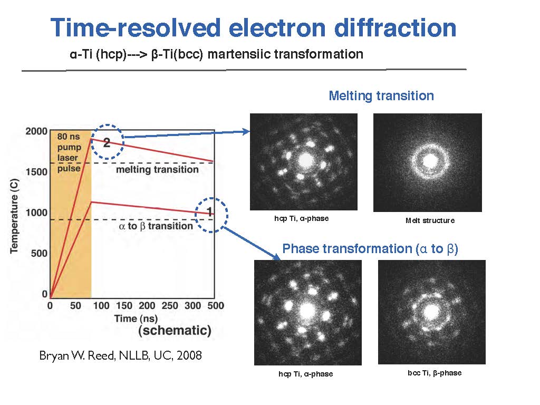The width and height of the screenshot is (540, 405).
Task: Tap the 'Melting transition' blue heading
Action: click(x=381, y=96)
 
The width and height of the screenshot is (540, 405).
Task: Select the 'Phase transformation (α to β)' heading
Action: click(x=370, y=248)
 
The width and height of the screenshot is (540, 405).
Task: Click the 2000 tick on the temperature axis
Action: click(x=35, y=131)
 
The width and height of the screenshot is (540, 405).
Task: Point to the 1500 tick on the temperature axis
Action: click(x=35, y=172)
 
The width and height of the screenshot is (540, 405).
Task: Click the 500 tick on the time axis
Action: click(x=215, y=305)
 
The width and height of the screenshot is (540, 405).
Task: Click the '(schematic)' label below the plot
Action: click(x=175, y=331)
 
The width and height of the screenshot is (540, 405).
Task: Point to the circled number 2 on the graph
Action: click(x=107, y=141)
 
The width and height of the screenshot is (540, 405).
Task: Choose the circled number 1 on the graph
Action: click(x=210, y=212)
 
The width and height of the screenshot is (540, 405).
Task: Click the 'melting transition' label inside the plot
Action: click(x=157, y=169)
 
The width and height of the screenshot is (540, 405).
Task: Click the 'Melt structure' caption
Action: click(x=430, y=220)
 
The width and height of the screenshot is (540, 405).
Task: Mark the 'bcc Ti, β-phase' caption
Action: click(x=435, y=373)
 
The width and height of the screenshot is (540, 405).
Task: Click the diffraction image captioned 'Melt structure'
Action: click(x=427, y=162)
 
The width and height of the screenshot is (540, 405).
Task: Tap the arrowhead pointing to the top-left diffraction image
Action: click(x=246, y=132)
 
